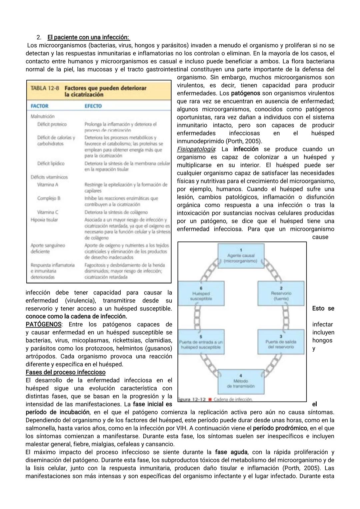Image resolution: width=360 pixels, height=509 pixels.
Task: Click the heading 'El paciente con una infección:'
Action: (x=88, y=37)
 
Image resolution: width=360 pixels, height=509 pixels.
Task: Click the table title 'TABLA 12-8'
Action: (x=45, y=88)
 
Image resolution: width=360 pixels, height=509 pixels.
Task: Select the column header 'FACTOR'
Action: (x=39, y=106)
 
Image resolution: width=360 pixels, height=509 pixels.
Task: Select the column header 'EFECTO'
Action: (x=93, y=106)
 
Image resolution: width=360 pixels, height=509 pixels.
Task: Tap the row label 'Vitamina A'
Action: (x=48, y=184)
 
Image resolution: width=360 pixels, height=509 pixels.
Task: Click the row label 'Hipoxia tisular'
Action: (x=44, y=220)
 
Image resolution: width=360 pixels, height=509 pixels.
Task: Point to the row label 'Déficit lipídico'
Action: (x=51, y=163)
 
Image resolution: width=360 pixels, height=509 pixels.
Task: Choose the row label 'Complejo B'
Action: (x=49, y=198)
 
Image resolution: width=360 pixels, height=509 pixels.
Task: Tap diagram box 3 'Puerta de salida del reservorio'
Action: (x=281, y=342)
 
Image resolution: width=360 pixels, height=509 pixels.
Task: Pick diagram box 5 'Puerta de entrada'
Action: (x=201, y=342)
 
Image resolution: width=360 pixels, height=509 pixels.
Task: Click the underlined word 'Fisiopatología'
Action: (x=196, y=149)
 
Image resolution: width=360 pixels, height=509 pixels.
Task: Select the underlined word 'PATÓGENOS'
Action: (x=43, y=325)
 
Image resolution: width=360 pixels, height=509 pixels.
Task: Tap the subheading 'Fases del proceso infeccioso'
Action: (x=65, y=372)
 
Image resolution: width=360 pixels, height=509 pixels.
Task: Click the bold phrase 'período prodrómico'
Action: (x=280, y=428)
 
